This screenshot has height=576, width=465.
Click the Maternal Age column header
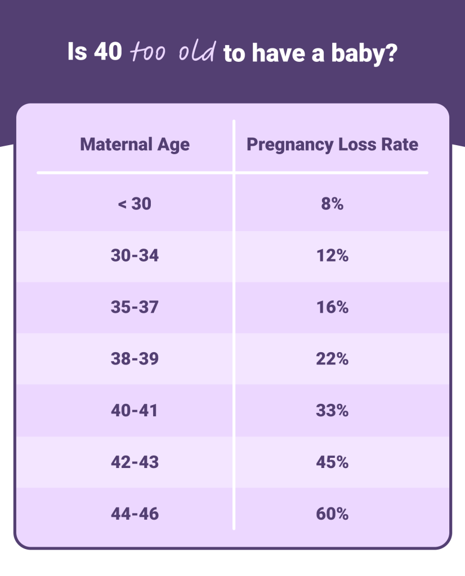coord(135,145)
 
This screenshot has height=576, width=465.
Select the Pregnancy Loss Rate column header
coord(332,145)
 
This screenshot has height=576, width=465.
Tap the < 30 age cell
coord(135,204)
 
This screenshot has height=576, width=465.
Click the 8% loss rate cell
coord(332,204)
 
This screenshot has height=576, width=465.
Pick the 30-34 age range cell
coord(135,256)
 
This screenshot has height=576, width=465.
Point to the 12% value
coord(332,256)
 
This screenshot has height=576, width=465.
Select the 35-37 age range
coord(135,308)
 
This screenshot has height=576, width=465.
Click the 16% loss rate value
coord(332,308)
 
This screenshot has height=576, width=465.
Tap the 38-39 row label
coord(135,359)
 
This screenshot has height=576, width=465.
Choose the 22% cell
coord(332,359)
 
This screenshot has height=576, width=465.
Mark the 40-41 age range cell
coord(135,411)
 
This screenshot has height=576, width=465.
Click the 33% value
coord(332,411)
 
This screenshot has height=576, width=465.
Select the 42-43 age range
coord(135,462)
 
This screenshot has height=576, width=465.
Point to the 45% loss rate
coord(332,462)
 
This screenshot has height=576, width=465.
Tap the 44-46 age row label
coord(135,514)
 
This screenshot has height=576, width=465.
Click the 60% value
coord(332,514)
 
